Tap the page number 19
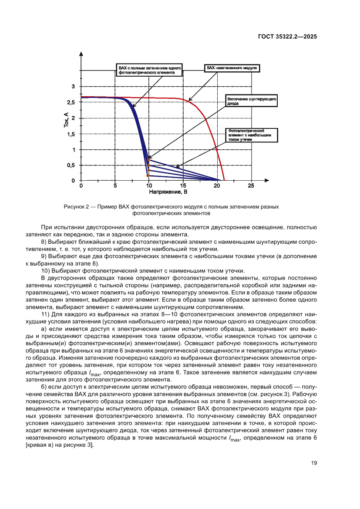pos(313,463)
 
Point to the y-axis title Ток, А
pos(66,120)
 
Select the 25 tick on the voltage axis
pos(250,186)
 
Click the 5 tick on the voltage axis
pos(115,186)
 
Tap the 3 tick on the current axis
pos(73,87)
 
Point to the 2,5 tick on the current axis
pos(71,102)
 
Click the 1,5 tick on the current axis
pos(71,134)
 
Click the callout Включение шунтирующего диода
pos(252,101)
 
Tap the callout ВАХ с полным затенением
pos(149,71)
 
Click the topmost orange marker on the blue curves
pos(148,159)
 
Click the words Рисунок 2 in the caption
pos(77,206)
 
